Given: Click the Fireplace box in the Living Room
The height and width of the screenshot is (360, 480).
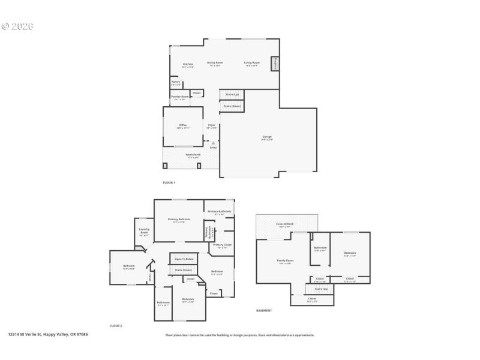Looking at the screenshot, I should point(275,64).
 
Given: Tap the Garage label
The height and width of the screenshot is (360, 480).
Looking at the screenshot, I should point(267,137).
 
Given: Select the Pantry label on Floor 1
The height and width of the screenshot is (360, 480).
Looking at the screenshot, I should point(176,82).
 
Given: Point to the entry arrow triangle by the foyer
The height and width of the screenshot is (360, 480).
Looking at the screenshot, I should point(212,143).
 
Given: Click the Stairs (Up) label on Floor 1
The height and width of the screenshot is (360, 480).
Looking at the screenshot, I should point(232,94).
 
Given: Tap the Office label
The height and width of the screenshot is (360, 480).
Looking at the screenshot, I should point(183,125).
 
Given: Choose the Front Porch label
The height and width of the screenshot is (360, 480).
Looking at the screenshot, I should point(193,155).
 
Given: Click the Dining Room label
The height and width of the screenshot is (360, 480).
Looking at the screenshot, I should point(215,62).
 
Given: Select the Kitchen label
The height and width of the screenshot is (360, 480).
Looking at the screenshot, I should point(187,64).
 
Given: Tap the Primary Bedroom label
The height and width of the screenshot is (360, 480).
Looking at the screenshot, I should point(179,220).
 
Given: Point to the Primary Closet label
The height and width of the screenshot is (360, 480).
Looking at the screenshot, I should point(222,245).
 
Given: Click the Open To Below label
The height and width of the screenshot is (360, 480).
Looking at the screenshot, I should point(184,259).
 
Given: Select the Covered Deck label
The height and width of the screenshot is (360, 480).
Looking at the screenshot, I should point(284,224).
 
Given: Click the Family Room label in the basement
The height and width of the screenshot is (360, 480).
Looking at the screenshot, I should point(284,260).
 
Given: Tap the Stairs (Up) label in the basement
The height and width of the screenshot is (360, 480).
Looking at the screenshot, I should point(322,289).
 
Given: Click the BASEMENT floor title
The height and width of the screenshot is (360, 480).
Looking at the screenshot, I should point(264,311).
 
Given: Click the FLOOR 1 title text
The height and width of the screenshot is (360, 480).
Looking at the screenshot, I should point(169,182).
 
